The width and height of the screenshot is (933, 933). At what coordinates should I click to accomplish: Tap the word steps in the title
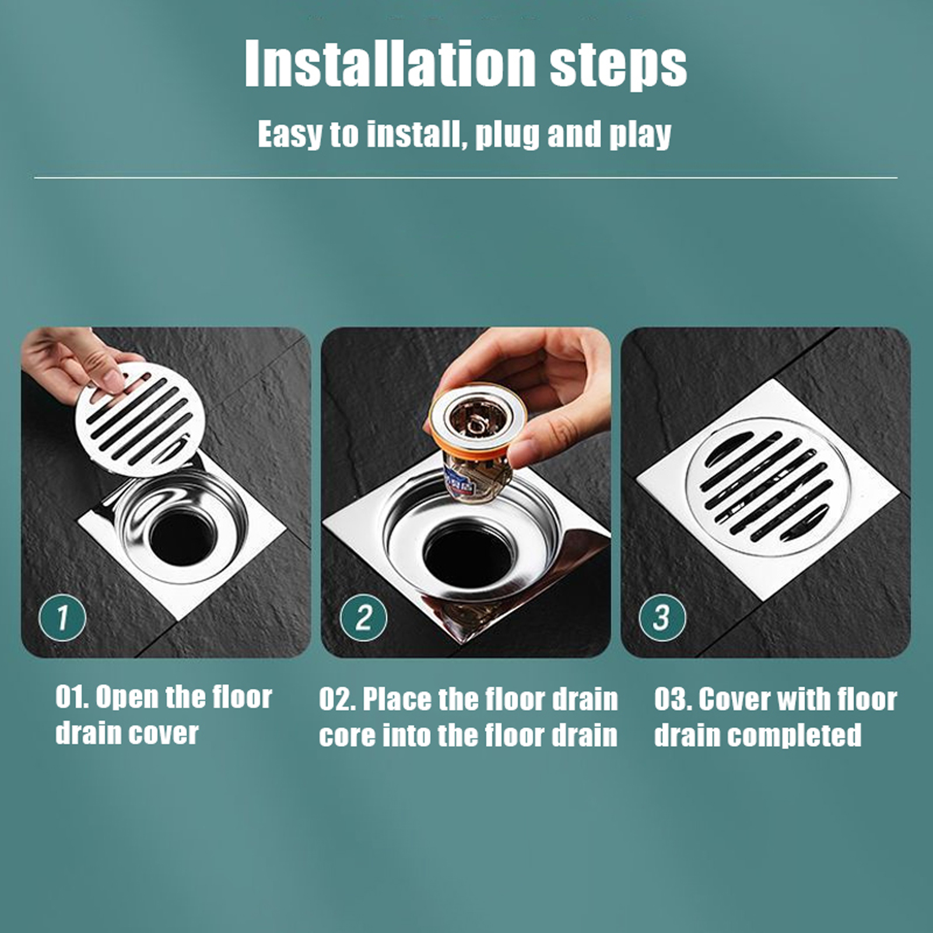(x=619, y=67)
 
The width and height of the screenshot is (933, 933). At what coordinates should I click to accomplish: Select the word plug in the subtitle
(x=508, y=136)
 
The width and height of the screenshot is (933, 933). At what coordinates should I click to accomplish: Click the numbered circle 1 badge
(x=62, y=618)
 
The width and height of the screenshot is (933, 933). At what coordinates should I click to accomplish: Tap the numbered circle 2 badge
(x=364, y=618)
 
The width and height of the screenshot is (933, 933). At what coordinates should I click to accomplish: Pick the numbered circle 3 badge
(x=662, y=618)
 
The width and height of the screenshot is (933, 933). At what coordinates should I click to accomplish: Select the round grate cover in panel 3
(x=768, y=487)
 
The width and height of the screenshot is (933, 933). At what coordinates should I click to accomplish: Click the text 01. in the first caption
(x=72, y=697)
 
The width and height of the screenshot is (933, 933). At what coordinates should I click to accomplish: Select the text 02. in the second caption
(x=337, y=700)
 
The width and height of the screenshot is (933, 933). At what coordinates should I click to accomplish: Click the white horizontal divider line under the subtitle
(x=466, y=177)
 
